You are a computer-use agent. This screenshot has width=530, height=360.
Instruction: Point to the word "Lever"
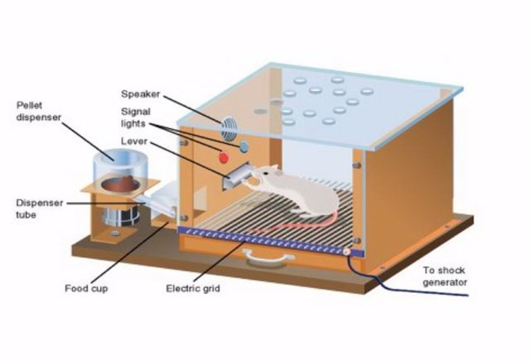point(134,142)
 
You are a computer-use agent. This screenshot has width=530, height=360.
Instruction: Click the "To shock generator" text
point(445,276)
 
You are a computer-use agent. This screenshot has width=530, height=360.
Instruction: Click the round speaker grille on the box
point(229,129)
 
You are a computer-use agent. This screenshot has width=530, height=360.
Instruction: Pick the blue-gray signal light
point(244,146)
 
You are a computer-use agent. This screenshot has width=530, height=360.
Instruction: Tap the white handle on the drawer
point(272,259)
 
